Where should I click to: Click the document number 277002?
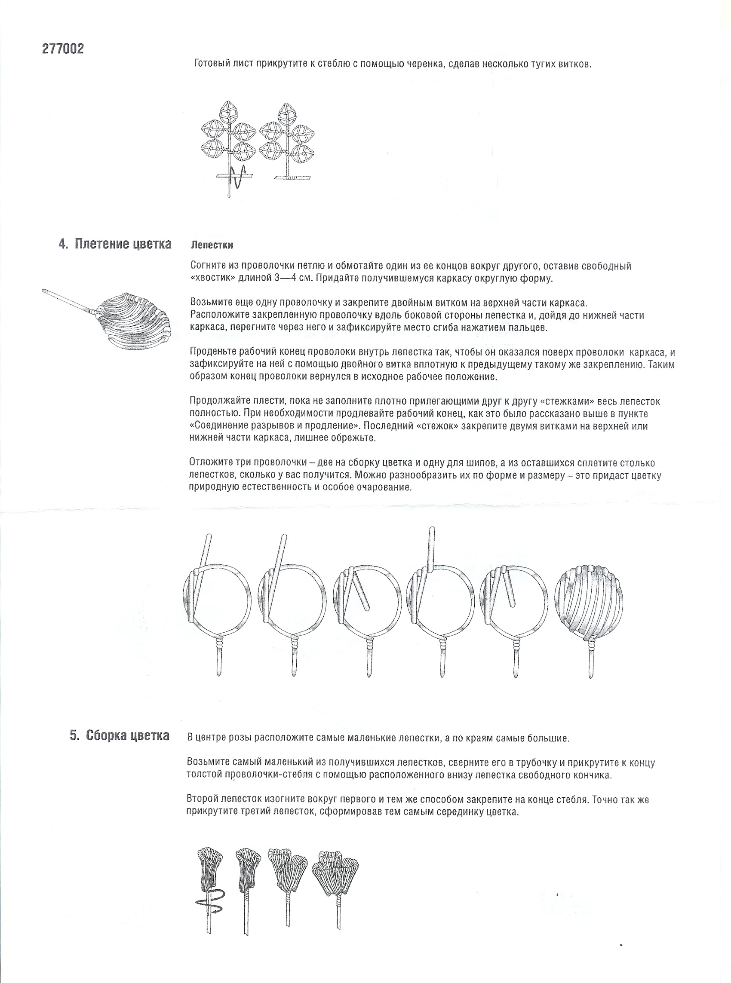pos(63,49)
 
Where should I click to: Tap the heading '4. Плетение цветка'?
pos(115,244)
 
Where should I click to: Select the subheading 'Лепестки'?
pos(212,245)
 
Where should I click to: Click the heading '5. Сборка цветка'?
pos(120,735)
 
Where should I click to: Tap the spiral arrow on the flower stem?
pos(210,905)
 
